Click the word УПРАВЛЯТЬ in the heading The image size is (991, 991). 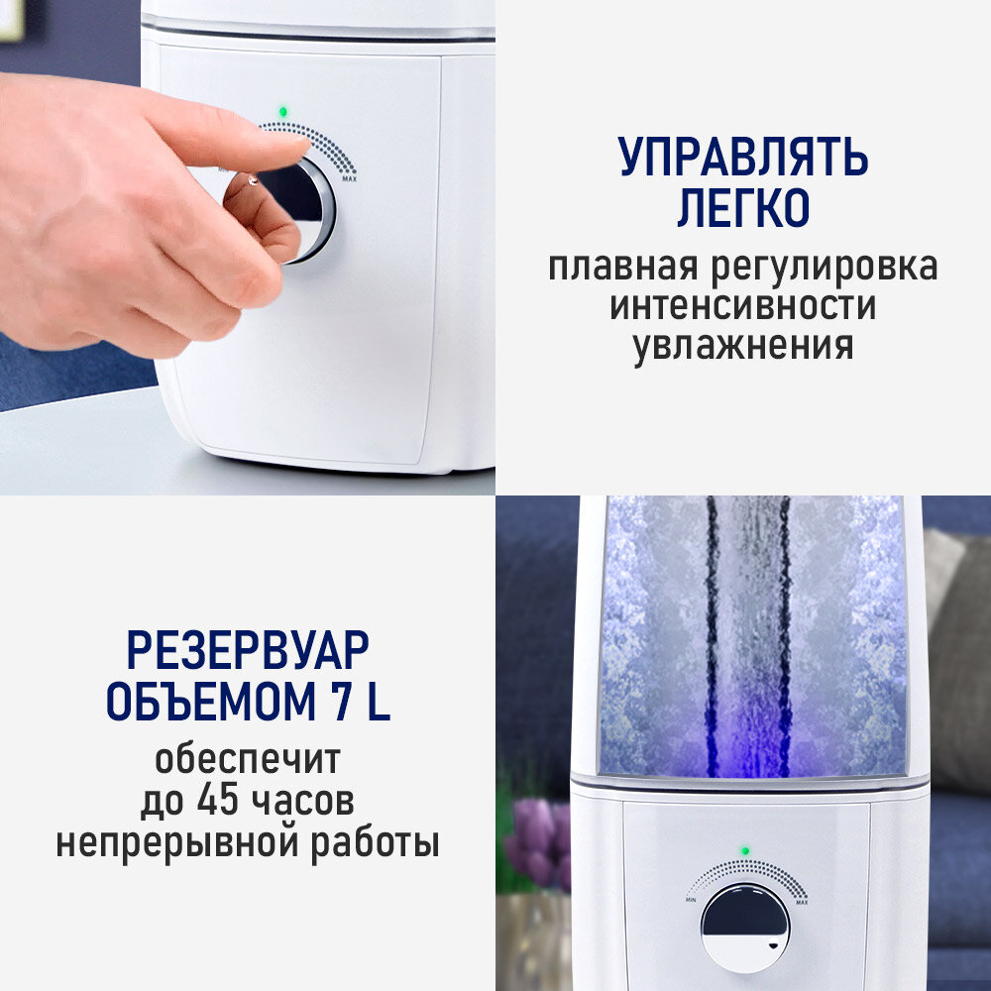point(742,157)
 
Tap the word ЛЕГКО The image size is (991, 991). point(743,207)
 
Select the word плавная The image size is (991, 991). point(623,268)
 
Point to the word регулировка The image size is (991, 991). point(825,268)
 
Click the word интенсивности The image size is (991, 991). point(742,306)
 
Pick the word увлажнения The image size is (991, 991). point(743,346)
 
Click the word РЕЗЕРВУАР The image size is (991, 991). point(248,650)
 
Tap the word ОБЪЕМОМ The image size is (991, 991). point(210,702)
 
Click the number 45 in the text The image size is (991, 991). point(218,800)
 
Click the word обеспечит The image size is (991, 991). point(248,759)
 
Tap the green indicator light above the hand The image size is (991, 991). point(282,112)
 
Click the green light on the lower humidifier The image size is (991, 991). point(745,851)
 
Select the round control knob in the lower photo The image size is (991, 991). point(745,928)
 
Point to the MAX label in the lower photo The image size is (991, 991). point(802,902)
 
